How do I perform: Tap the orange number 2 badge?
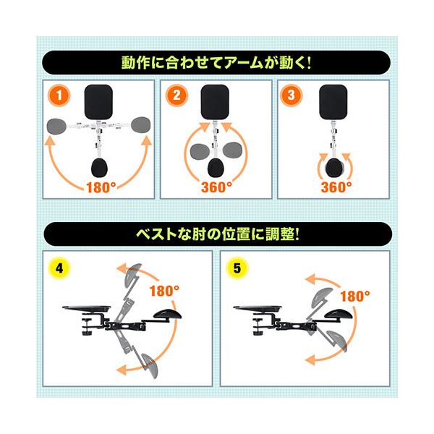point(176,94)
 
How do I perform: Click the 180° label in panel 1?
point(98,186)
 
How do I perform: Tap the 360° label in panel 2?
point(216,186)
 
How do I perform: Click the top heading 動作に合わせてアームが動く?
point(217,62)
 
